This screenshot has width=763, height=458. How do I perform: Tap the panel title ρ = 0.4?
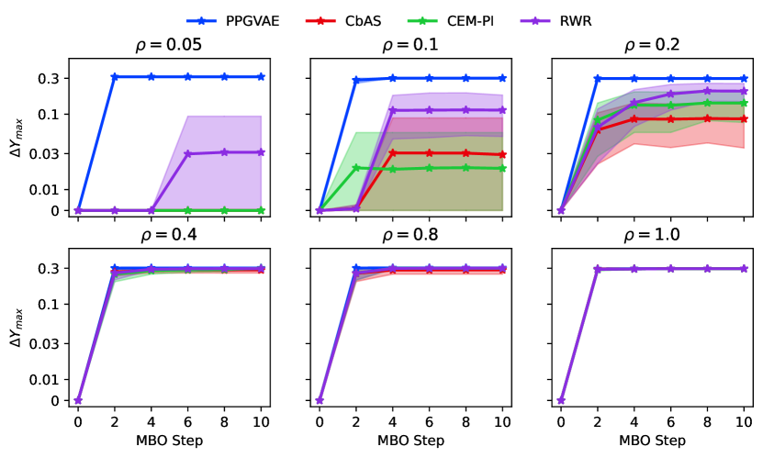click(x=169, y=235)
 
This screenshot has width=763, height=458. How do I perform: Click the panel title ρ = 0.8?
click(x=410, y=235)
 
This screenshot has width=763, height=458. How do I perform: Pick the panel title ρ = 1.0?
click(x=652, y=235)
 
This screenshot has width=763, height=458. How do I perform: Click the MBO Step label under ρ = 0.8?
click(x=410, y=440)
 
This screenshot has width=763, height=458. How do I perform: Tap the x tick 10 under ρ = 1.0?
click(x=744, y=422)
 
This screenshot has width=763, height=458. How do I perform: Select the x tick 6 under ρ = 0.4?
click(x=187, y=422)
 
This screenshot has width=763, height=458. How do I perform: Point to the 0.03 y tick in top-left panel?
click(x=50, y=152)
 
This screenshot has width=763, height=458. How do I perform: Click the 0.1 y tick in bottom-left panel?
click(x=53, y=305)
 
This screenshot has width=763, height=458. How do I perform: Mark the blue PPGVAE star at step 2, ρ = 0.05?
click(x=115, y=77)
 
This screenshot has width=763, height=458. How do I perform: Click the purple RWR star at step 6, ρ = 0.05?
click(x=187, y=153)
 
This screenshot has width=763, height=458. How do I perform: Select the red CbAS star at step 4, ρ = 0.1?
click(x=392, y=152)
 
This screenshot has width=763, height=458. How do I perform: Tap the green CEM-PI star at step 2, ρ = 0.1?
click(x=355, y=167)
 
